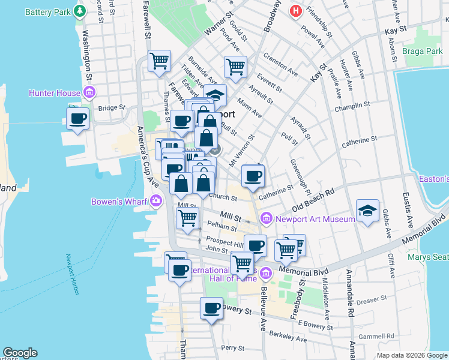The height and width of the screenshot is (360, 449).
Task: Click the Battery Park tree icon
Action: (x=79, y=11)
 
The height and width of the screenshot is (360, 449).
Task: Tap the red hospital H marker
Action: (x=295, y=11)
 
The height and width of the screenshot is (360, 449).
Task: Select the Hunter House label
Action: (x=55, y=93)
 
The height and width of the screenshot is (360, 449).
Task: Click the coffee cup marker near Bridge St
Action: (x=77, y=118)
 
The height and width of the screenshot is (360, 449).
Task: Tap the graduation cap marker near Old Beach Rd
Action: (x=367, y=211)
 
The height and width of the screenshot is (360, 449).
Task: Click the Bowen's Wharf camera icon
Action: (x=156, y=200)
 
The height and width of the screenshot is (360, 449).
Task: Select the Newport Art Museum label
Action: (x=315, y=219)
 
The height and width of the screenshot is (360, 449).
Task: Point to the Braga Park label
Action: (x=423, y=52)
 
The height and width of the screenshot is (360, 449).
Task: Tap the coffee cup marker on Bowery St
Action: (x=211, y=308)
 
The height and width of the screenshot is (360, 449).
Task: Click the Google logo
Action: (x=20, y=353)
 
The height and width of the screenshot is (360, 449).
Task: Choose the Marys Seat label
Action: (x=428, y=257)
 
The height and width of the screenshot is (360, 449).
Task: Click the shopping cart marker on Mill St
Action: (x=188, y=219)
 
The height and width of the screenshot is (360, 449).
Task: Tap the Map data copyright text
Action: (x=412, y=355)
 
